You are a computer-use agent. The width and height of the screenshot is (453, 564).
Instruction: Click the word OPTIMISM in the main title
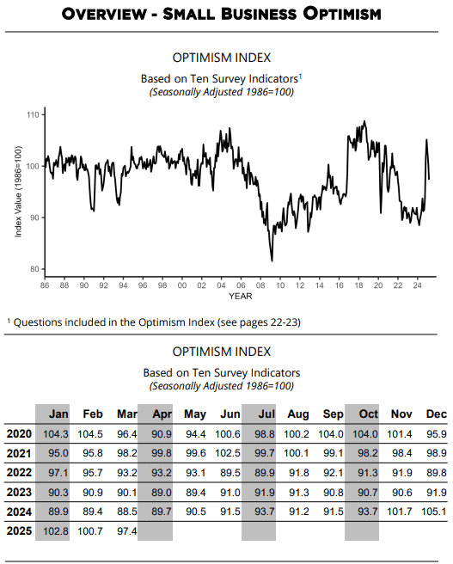[342, 14]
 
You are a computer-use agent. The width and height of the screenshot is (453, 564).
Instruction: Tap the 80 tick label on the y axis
[35, 269]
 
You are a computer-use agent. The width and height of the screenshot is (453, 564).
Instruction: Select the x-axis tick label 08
[260, 285]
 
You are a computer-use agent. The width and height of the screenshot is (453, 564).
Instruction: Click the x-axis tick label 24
[417, 285]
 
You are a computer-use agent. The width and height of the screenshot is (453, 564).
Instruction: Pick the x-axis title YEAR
[241, 297]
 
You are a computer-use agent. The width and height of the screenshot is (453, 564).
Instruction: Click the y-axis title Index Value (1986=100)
[18, 192]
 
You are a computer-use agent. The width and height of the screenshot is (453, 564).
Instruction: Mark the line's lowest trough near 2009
[272, 261]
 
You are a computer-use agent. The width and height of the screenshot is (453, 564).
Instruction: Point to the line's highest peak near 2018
[364, 121]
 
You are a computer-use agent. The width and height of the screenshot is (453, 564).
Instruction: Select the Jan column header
[58, 414]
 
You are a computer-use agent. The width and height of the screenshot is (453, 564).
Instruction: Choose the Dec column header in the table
[436, 414]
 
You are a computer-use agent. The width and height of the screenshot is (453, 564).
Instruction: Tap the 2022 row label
[19, 472]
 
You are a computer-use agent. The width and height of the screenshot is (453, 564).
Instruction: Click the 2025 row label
[19, 531]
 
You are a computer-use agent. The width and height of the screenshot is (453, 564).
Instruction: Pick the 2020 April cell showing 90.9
[162, 434]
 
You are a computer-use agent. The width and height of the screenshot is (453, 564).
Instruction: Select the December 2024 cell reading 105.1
[433, 512]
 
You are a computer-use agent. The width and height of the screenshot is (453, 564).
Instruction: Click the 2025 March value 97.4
[127, 531]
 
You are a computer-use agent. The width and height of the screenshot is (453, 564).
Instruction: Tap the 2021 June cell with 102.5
[228, 453]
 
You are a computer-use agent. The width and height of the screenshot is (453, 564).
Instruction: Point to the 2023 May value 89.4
[196, 492]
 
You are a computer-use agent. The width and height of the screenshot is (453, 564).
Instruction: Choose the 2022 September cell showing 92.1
[334, 473]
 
